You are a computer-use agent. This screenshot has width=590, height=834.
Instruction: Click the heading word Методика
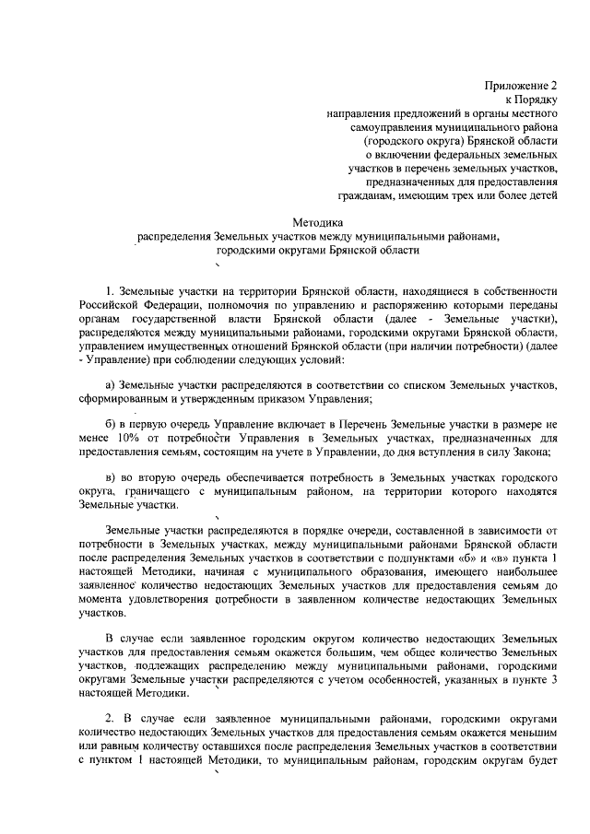point(318,222)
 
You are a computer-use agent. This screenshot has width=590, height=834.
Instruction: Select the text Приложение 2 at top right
point(524,84)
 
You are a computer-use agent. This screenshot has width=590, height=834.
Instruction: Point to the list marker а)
point(111,383)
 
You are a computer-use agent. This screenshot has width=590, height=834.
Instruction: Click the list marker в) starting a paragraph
point(111,480)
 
